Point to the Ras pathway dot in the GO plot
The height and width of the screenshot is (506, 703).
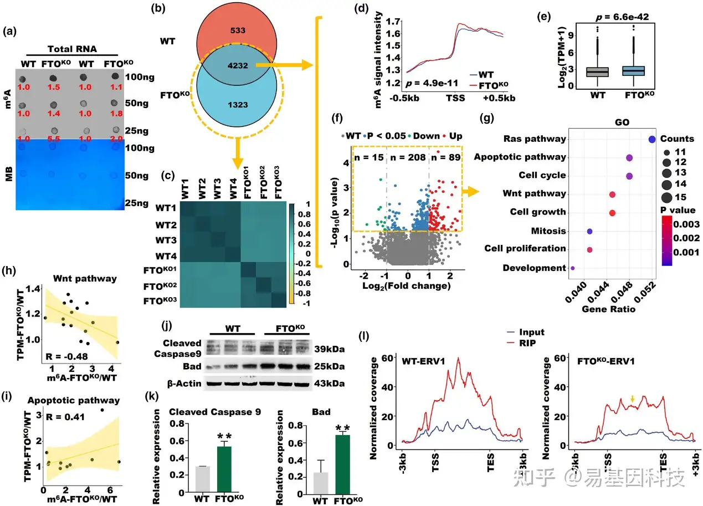pyautogui.click(x=651, y=139)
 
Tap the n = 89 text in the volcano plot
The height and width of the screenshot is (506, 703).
pyautogui.click(x=447, y=156)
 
